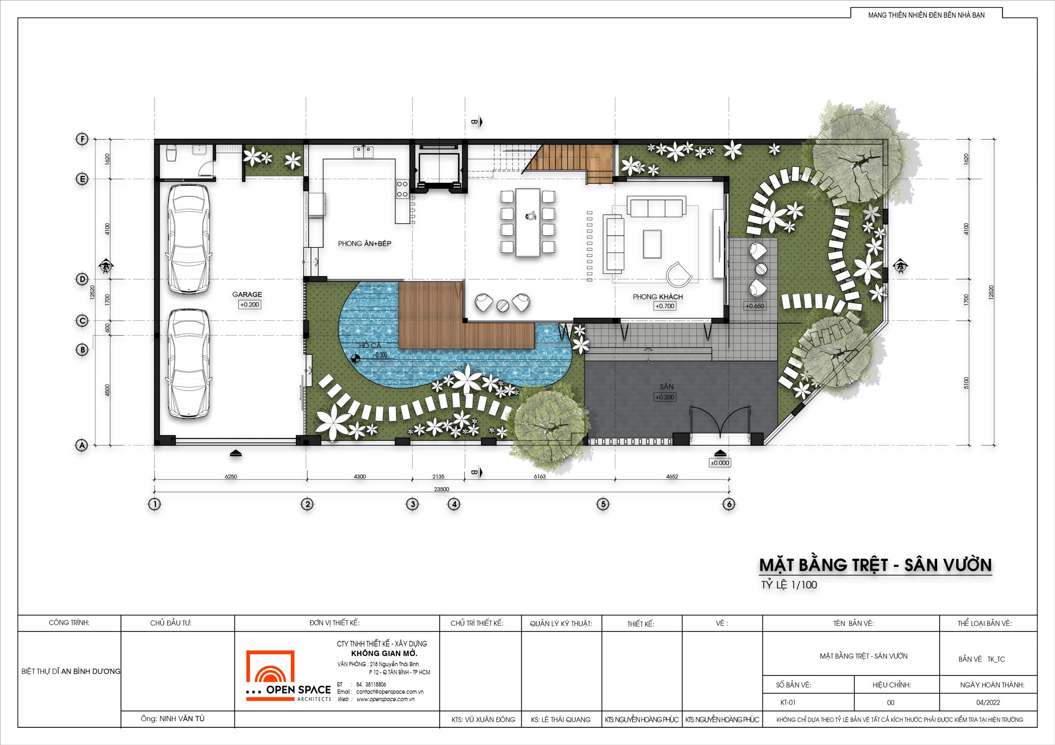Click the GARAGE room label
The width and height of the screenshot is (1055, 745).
coord(247,294)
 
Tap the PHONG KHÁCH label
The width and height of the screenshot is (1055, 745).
coord(658,297)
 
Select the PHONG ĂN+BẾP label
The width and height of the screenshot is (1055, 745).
coord(364,243)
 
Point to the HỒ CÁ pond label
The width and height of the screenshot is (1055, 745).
coord(370,346)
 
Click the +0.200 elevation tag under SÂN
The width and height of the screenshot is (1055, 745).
coord(665,397)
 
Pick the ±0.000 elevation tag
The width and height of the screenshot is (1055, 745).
coord(720,463)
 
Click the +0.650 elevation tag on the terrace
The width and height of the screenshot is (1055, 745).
coord(755,306)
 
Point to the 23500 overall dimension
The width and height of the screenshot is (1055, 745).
coord(441,489)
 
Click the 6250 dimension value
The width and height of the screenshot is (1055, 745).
coord(231,477)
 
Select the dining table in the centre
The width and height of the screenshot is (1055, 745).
coord(527,222)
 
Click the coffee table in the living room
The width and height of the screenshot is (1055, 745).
coord(652,244)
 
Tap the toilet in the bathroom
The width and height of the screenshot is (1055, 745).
coord(171,154)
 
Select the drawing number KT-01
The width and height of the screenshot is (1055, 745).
coord(788,702)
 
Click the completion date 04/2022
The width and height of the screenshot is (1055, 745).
coord(988,702)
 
